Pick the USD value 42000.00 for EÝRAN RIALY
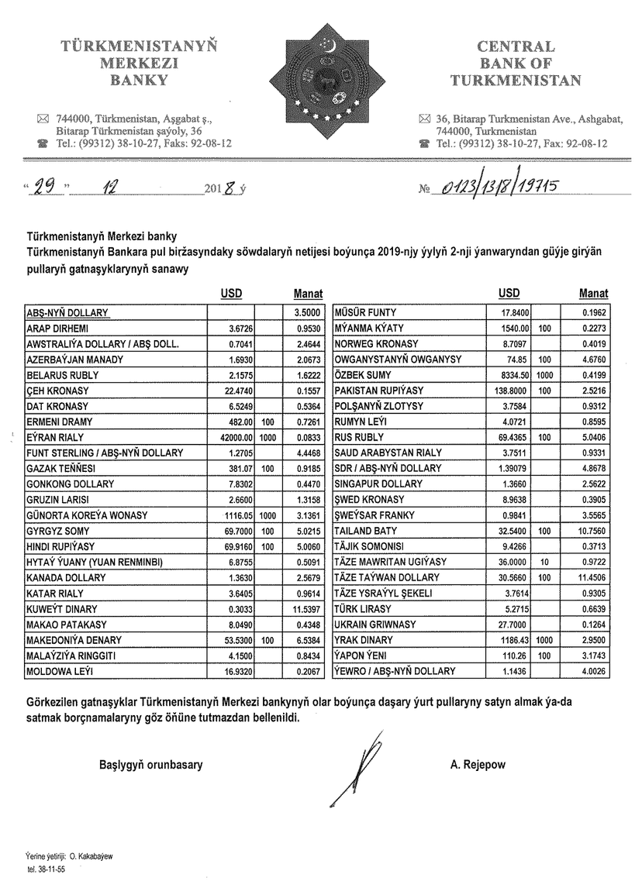[x=238, y=437]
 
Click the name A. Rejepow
[x=477, y=765]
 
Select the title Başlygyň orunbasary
[x=151, y=765]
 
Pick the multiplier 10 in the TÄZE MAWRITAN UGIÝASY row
[x=544, y=562]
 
